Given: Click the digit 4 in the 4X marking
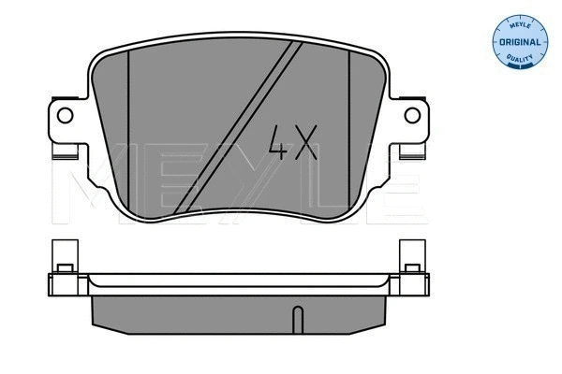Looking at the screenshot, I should coord(279,143).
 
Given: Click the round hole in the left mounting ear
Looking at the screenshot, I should coord(66,116).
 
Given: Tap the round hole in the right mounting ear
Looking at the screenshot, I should coord(408,116).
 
